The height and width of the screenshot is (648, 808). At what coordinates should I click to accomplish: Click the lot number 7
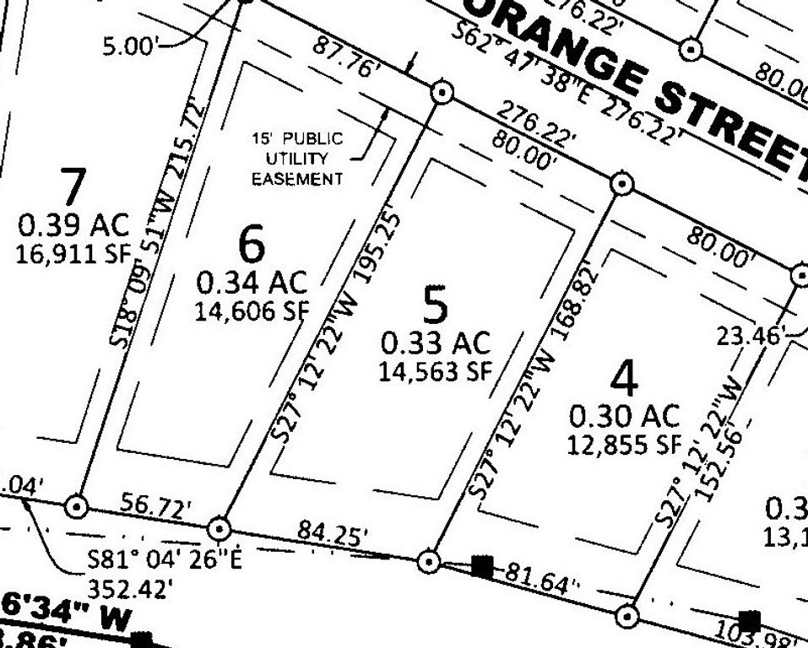pos(73,186)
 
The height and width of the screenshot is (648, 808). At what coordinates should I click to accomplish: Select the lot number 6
pos(252,245)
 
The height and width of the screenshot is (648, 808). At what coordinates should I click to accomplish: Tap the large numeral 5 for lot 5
pos(435,305)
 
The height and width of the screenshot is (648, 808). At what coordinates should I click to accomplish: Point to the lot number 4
pos(624,380)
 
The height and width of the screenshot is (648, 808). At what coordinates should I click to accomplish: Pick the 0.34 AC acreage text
pos(252,281)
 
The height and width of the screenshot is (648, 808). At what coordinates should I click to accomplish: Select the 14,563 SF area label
pos(436,371)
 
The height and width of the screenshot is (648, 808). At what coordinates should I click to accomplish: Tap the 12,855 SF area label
pos(625,445)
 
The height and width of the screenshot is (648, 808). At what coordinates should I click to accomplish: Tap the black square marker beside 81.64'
pos(481,566)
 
